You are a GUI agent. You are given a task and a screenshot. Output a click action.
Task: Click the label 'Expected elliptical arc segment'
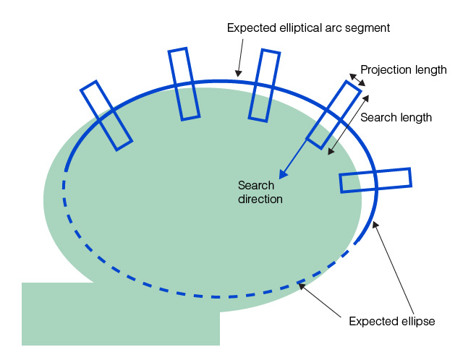308,28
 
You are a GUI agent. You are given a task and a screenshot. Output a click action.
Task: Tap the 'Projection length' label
403,70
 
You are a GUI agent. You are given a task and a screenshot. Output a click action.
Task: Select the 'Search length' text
396,117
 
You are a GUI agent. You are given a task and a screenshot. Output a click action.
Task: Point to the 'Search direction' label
260,192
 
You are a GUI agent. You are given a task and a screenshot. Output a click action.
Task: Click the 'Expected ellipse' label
391,321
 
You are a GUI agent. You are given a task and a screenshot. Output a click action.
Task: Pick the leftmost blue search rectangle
106,116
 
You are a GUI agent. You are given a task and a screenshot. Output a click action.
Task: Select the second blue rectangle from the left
184,84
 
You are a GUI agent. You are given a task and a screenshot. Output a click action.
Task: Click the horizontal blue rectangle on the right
375,180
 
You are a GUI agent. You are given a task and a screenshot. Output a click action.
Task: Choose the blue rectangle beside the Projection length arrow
333,114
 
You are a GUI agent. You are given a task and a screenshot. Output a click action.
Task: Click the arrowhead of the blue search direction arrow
284,175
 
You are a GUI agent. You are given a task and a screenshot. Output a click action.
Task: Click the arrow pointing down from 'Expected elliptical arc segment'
240,56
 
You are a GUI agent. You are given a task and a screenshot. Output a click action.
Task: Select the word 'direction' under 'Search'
260,198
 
